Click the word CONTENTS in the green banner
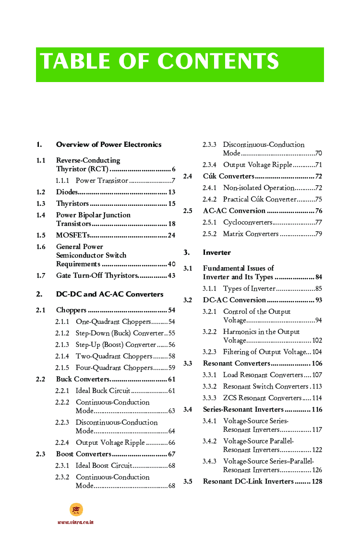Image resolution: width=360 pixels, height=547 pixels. click(x=218, y=62)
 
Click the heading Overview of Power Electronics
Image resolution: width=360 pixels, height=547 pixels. click(x=108, y=144)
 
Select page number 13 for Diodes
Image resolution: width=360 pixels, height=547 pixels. click(x=171, y=192)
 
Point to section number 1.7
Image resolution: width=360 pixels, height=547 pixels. click(x=41, y=275)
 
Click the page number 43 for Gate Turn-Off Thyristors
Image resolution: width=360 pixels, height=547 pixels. click(x=171, y=275)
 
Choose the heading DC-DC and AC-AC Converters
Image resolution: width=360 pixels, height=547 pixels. click(x=109, y=294)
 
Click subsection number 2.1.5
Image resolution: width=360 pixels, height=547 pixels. click(x=62, y=368)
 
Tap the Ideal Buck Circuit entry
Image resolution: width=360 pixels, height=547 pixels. click(x=103, y=391)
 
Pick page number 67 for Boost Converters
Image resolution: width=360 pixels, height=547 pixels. click(x=171, y=454)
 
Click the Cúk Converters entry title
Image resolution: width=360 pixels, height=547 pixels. click(x=228, y=176)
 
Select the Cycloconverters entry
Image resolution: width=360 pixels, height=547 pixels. click(x=248, y=222)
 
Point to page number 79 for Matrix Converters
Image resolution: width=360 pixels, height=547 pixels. click(x=318, y=234)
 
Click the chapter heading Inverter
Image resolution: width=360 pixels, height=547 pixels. click(x=216, y=252)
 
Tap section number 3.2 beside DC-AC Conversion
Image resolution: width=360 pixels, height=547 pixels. click(x=188, y=300)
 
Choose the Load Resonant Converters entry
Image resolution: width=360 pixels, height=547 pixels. click(x=263, y=375)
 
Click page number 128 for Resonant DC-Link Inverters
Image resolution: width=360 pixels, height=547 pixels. click(x=317, y=481)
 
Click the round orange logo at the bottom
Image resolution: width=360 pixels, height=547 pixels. click(x=76, y=510)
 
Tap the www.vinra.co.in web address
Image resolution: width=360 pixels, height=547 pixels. click(x=76, y=522)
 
